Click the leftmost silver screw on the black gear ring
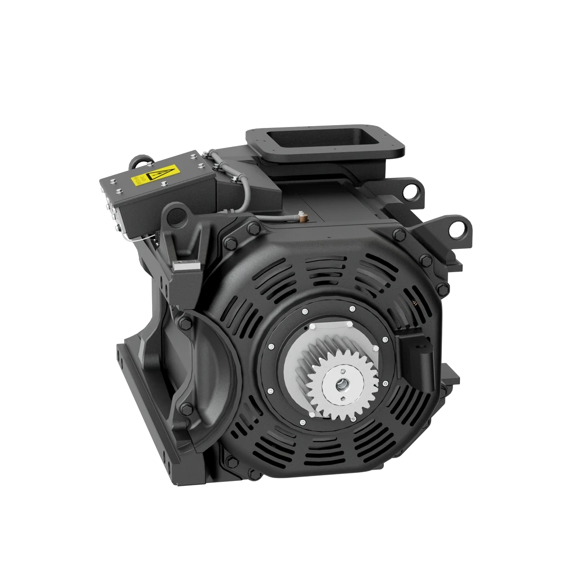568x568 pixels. [x=270, y=345]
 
